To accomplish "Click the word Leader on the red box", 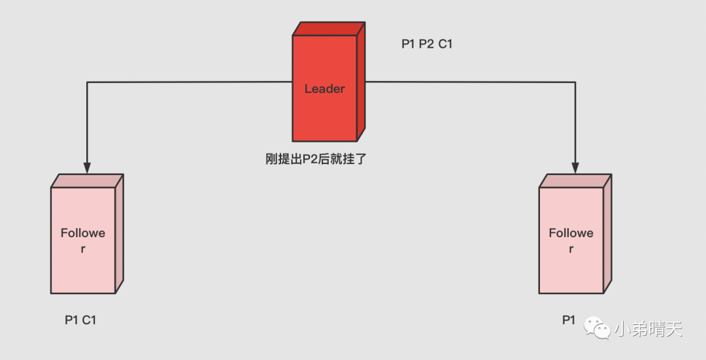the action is point(324,89).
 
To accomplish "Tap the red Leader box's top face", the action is point(329,28).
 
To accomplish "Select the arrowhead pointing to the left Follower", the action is point(87,167).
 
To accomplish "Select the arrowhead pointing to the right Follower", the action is point(576,167).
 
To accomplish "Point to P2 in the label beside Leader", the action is point(427,44).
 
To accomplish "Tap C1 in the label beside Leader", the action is point(446,44).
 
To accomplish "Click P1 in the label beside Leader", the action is point(409,44).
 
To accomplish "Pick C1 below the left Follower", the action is point(90,320).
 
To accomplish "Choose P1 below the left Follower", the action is point(71,320).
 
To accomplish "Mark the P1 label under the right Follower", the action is point(569,320).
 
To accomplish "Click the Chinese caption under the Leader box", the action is point(316,158).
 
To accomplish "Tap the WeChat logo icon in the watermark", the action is point(597,328).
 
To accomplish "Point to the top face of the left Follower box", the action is point(87,180).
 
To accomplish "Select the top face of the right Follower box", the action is point(575,180).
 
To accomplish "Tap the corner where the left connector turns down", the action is point(87,82).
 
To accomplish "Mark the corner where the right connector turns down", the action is point(576,82).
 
